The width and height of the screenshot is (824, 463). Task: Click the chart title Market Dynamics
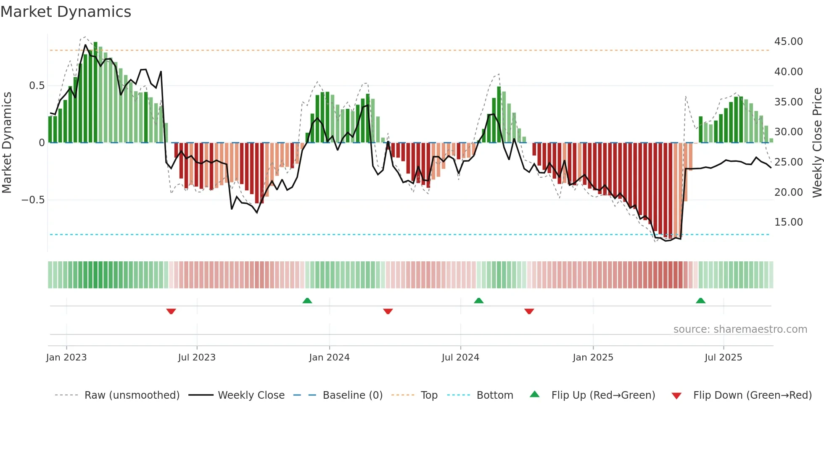[66, 12]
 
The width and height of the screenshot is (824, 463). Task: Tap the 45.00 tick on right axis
[788, 42]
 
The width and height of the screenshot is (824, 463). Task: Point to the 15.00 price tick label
[788, 222]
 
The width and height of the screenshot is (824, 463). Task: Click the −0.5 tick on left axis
[33, 200]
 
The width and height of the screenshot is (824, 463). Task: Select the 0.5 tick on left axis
[37, 86]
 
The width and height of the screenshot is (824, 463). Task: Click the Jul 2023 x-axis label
[196, 358]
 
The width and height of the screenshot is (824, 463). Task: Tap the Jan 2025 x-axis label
[593, 358]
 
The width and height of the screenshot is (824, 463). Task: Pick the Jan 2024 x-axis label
[329, 358]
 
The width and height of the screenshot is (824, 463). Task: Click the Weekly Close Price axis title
[817, 143]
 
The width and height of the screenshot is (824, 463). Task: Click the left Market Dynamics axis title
[7, 143]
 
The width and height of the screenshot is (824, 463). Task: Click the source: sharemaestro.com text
[740, 329]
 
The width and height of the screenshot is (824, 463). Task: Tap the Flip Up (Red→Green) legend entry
[603, 395]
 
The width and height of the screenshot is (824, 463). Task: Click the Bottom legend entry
[494, 395]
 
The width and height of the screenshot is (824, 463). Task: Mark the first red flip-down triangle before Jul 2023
[171, 311]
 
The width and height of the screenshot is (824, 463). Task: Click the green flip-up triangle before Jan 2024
[307, 300]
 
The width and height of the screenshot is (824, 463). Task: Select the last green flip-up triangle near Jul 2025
[700, 300]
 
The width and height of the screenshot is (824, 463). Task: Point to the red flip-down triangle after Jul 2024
[529, 311]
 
